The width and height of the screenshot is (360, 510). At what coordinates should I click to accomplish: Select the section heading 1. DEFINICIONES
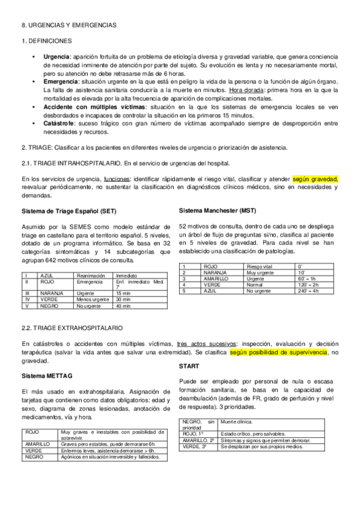point(47,40)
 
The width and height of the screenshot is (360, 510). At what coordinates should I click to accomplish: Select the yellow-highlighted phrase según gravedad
point(316,179)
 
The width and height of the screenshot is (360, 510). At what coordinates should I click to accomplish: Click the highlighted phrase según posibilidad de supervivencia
point(278,352)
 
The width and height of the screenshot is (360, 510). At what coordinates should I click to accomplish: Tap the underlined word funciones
point(117,179)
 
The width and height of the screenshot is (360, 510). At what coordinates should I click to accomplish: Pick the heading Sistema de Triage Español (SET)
point(69,212)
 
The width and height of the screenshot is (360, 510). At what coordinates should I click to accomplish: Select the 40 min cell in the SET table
point(124,306)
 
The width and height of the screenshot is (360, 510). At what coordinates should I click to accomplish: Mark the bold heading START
point(190,366)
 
